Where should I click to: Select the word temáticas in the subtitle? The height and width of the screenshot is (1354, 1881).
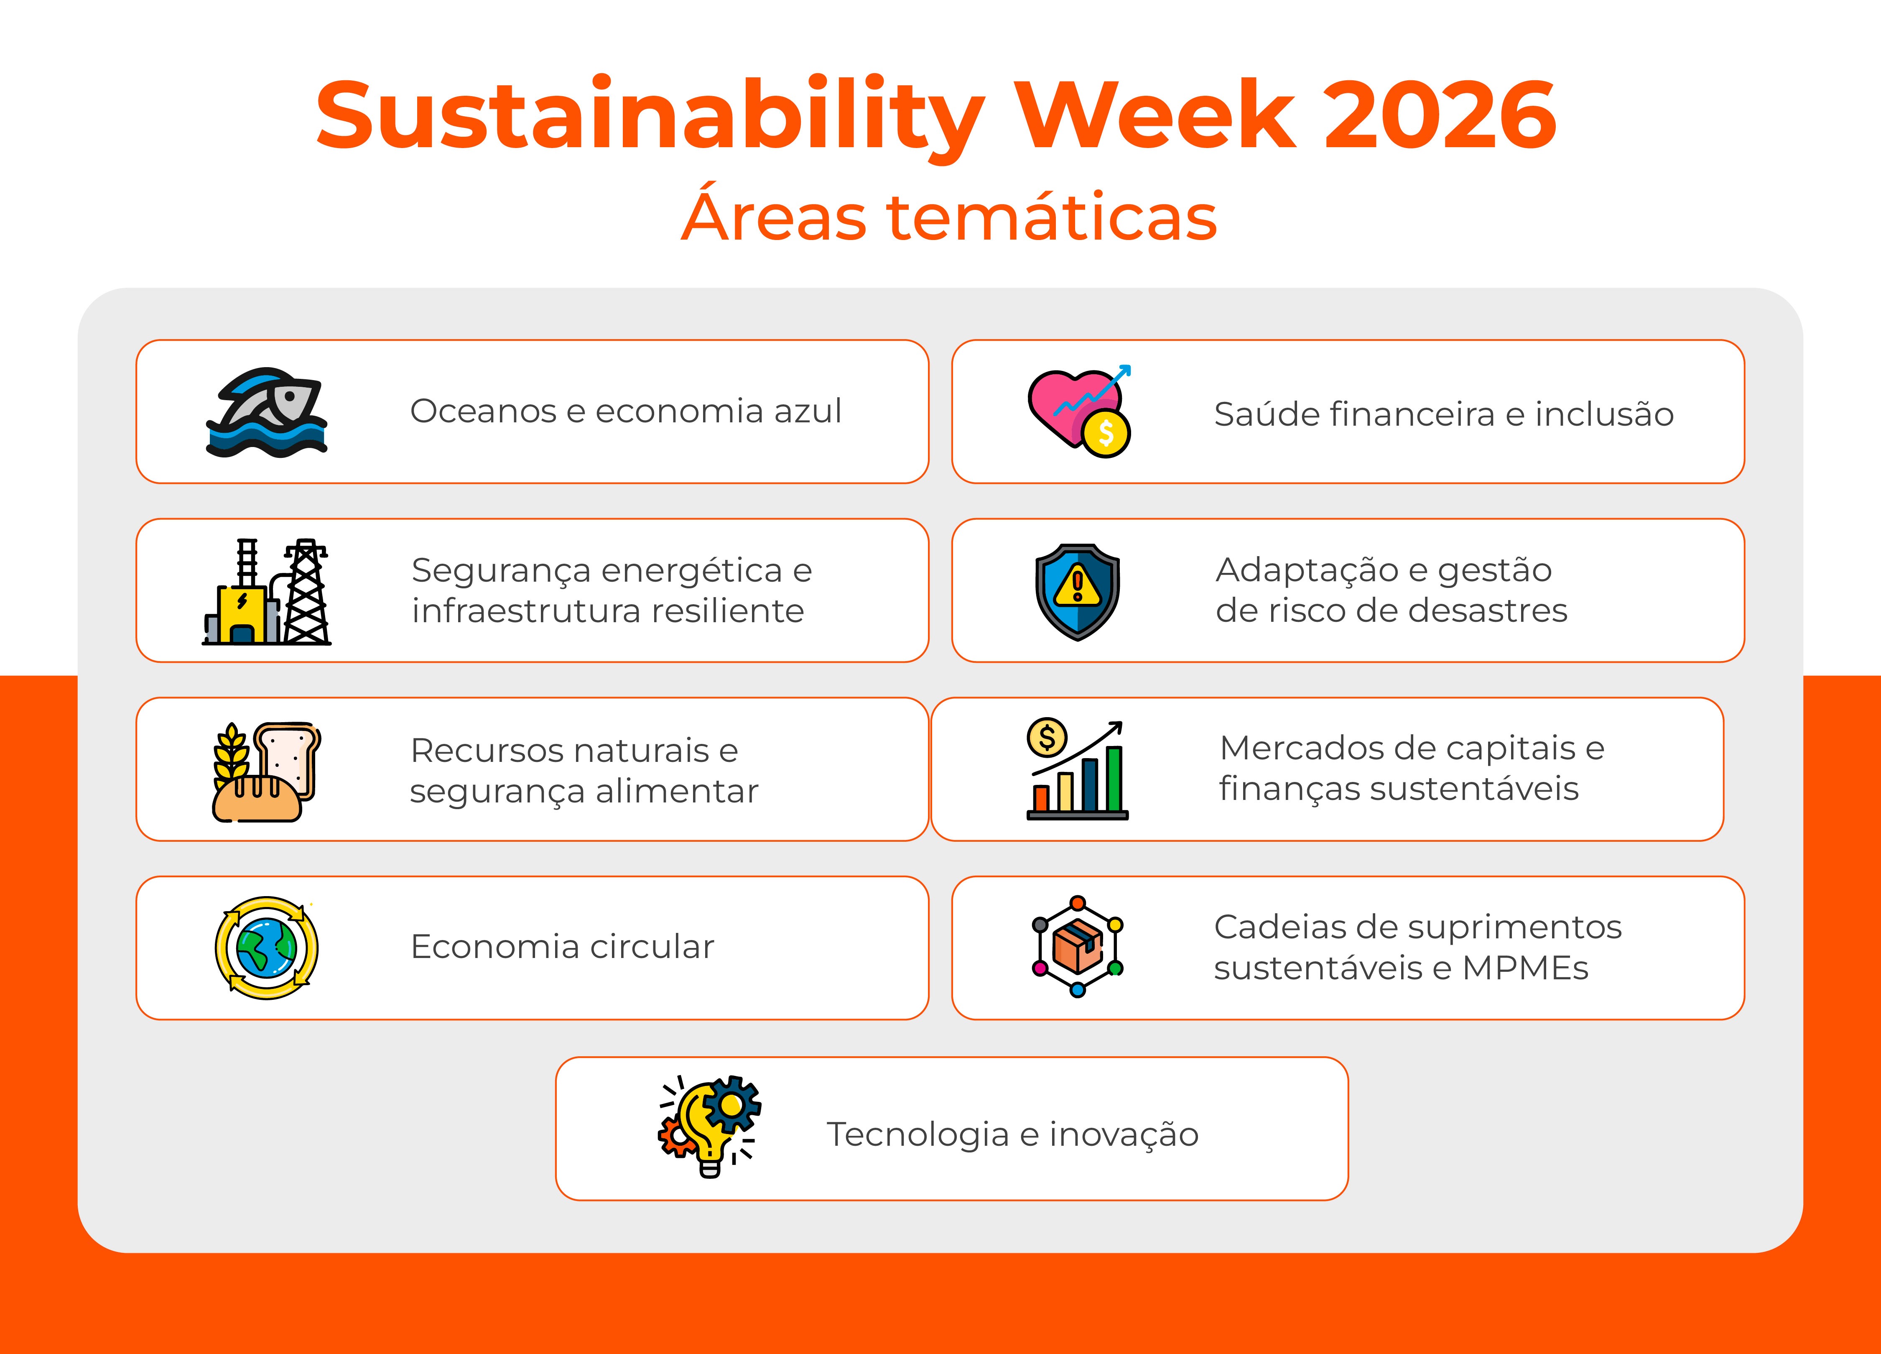1052,217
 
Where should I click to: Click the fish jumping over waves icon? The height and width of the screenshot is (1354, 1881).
267,412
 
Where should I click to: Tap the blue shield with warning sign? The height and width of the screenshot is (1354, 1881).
1077,592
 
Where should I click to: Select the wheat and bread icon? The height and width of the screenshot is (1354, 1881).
265,772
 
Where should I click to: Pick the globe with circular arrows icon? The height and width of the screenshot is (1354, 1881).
266,948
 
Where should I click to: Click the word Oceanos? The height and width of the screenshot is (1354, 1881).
483,411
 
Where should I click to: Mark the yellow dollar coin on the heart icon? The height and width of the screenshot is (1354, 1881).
1106,432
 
